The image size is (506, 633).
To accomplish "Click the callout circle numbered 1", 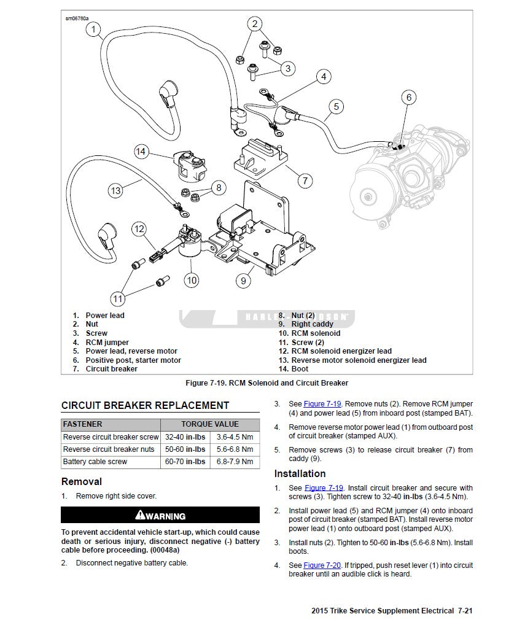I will (x=93, y=29).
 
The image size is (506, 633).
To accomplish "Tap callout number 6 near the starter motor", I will (x=409, y=97).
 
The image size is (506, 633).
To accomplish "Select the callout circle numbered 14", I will (x=141, y=151).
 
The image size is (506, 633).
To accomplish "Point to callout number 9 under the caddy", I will (x=243, y=281).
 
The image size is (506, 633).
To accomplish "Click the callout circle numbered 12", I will (x=139, y=230).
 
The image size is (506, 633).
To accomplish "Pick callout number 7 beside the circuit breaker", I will (x=305, y=181).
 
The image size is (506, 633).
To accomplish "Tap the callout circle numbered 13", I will (x=115, y=190).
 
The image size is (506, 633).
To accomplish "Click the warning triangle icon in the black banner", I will (x=140, y=515).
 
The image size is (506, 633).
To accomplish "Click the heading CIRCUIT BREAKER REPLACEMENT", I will (x=146, y=405).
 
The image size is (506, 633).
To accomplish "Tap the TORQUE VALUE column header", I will (x=210, y=424).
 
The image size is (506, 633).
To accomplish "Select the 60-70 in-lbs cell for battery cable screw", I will (x=185, y=462).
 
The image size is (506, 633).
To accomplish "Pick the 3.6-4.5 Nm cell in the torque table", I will (x=234, y=437).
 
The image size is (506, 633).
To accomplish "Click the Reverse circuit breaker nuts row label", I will (x=109, y=449).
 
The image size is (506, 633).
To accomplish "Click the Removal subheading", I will (x=82, y=481).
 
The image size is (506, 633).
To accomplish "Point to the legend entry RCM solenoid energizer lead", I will (x=341, y=351).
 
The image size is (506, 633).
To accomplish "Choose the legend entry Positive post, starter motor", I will (x=133, y=360).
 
